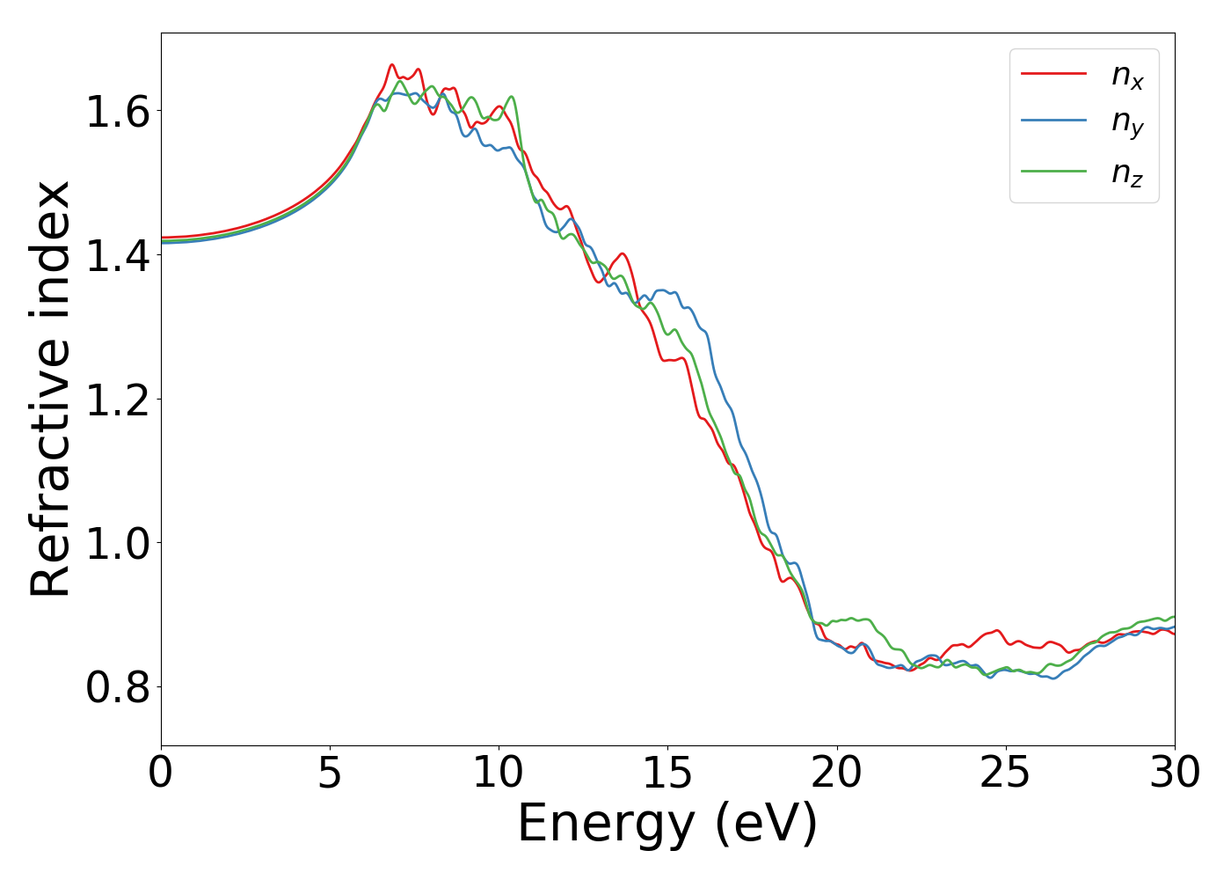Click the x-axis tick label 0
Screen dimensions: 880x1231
click(161, 774)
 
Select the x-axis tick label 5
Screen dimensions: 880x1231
click(330, 774)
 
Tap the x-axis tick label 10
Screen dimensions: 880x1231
click(499, 774)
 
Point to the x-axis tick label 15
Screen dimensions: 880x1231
click(667, 774)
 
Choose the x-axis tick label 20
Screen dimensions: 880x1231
click(836, 774)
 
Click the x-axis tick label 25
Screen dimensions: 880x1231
click(1005, 774)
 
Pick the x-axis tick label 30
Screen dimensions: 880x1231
click(1175, 774)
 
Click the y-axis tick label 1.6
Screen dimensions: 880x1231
click(118, 112)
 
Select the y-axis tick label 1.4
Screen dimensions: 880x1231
click(118, 255)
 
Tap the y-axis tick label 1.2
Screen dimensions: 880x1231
click(118, 399)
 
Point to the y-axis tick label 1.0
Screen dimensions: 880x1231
click(118, 543)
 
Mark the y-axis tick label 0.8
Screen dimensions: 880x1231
click(118, 686)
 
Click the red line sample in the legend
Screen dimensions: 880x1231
click(1053, 74)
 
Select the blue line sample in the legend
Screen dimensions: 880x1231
click(1053, 122)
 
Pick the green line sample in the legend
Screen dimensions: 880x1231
click(1053, 171)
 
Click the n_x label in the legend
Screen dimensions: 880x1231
click(1127, 77)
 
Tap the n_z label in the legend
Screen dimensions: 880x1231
click(1127, 173)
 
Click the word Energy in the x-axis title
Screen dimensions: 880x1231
click(606, 825)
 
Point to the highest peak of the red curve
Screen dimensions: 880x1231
click(392, 64)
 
